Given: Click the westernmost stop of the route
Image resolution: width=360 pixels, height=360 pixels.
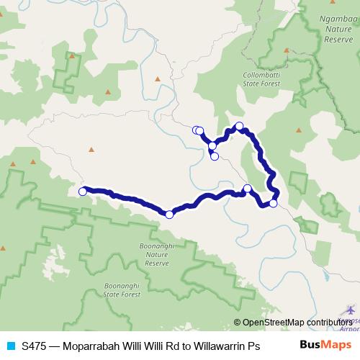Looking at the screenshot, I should tap(83, 192).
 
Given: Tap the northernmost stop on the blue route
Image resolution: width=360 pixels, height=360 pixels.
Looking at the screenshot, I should tap(240, 127).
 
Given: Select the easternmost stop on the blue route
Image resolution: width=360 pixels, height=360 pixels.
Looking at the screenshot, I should tap(273, 203).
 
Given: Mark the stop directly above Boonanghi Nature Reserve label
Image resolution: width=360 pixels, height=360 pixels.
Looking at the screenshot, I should tap(169, 214).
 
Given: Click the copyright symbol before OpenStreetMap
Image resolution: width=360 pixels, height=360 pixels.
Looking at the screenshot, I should tap(238, 323).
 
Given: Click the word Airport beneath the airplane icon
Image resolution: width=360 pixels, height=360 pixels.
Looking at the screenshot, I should tap(350, 328).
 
